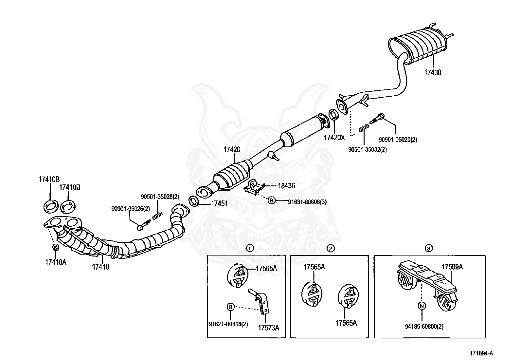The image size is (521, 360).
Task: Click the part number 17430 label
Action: click(x=433, y=73)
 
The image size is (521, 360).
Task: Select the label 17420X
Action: click(x=334, y=137)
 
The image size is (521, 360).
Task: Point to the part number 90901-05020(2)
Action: click(x=398, y=140)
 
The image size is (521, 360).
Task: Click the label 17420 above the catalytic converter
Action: click(x=232, y=150)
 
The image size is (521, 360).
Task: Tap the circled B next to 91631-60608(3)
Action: click(x=272, y=200)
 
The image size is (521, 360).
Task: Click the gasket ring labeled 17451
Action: click(x=194, y=201)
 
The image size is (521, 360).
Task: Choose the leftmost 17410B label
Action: click(x=49, y=180)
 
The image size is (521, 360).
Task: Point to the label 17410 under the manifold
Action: click(x=100, y=267)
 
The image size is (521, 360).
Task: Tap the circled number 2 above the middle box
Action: click(x=331, y=249)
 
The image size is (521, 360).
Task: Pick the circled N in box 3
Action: click(x=422, y=306)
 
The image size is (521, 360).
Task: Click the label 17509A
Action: click(x=452, y=267)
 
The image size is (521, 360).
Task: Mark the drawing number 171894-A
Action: click(x=481, y=353)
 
